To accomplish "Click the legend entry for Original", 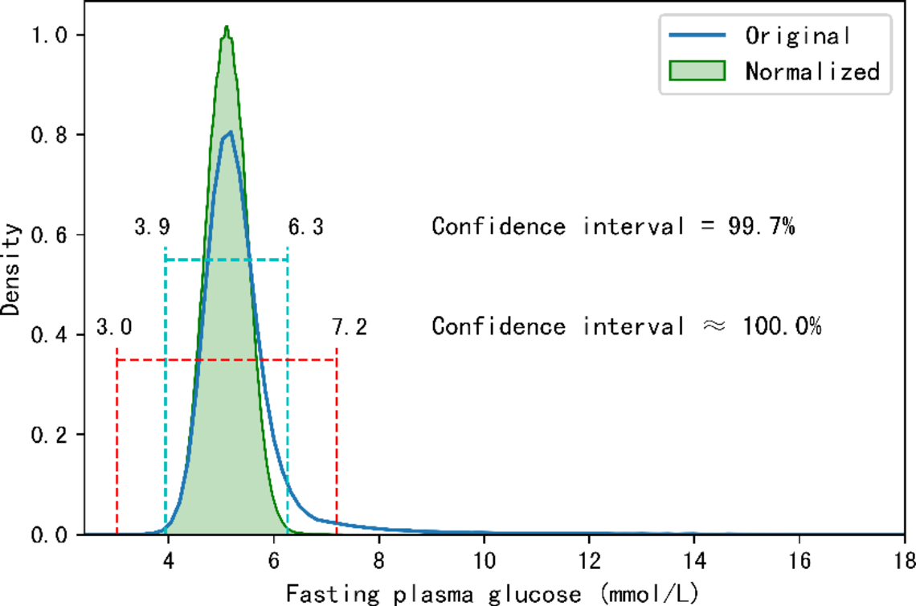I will (x=796, y=35).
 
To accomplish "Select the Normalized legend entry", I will (x=812, y=71).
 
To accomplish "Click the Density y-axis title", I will (x=11, y=269).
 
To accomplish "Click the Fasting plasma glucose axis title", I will (x=492, y=593).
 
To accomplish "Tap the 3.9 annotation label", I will (x=152, y=227).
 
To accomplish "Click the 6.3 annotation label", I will (x=305, y=227).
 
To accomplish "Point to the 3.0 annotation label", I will (x=114, y=328).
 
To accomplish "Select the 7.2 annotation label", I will (x=349, y=328).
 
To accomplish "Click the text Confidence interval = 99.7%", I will (x=613, y=227).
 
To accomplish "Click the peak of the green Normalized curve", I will (x=227, y=27).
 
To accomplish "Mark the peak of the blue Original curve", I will (x=230, y=133).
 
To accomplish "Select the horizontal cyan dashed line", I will (x=226, y=260).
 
